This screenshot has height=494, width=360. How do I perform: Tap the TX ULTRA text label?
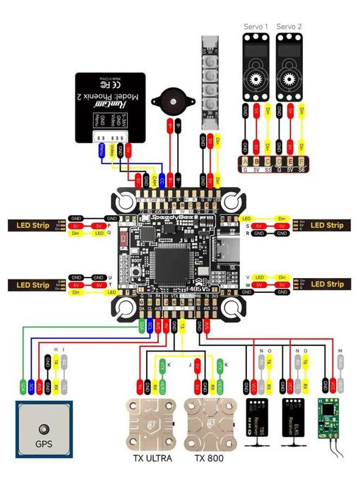(x=153, y=457)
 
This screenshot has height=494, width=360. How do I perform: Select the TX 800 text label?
(x=210, y=457)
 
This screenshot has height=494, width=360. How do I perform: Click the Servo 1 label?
(x=256, y=26)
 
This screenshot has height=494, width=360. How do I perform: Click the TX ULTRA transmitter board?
(x=153, y=423)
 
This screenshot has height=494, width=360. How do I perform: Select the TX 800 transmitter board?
(x=210, y=423)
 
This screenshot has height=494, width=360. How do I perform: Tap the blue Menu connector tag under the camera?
(x=102, y=150)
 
